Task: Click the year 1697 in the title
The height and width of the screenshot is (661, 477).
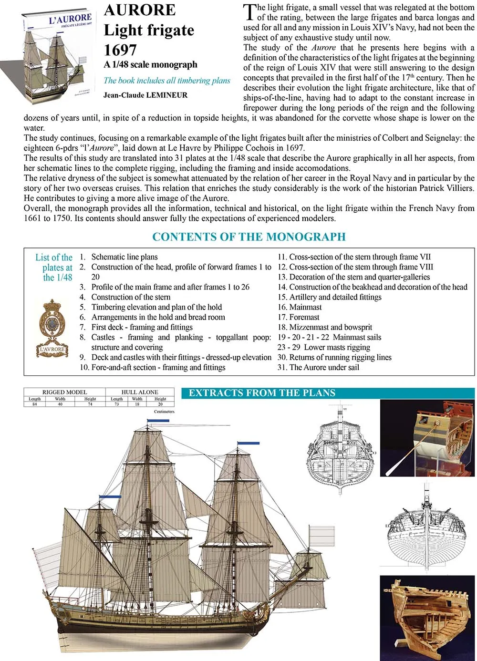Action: pos(120,50)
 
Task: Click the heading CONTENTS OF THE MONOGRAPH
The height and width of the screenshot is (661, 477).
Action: pos(249,237)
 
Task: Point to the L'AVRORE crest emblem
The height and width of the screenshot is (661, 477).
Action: pos(52,329)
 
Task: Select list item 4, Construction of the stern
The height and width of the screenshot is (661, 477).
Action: pos(130,297)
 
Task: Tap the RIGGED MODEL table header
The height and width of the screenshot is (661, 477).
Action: pos(65,392)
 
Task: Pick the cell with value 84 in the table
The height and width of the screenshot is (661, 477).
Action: pos(35,404)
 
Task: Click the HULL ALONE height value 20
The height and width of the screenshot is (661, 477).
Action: pos(160,404)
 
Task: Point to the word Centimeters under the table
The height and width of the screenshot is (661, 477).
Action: pos(164,411)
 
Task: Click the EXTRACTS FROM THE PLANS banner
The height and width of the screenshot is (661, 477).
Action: pos(262,393)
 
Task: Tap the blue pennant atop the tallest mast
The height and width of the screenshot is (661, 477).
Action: pos(158,421)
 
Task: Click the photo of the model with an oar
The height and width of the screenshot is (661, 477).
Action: pos(427,438)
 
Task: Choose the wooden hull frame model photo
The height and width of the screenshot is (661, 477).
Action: pos(427,618)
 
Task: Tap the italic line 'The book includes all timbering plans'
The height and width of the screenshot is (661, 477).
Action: pos(167,81)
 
